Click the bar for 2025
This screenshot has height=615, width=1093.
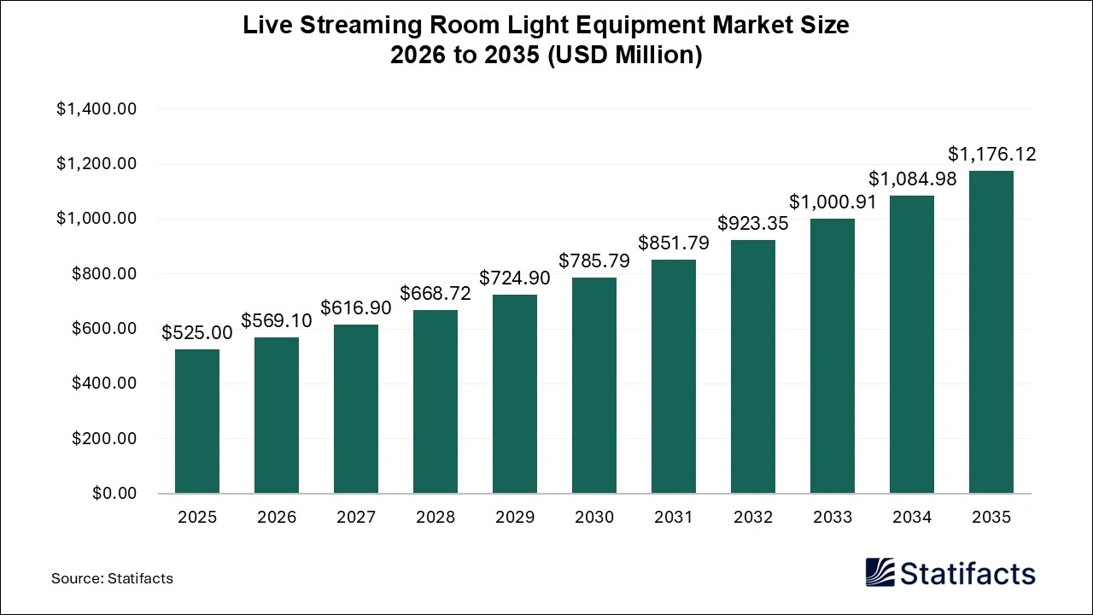click(x=197, y=421)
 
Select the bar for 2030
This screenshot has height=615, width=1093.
click(x=594, y=385)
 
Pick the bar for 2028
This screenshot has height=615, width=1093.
click(x=435, y=401)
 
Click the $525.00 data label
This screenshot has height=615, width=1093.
click(x=197, y=332)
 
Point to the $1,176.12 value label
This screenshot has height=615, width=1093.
click(x=991, y=154)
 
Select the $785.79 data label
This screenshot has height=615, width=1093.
click(x=594, y=261)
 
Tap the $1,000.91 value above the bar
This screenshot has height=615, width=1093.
click(x=833, y=202)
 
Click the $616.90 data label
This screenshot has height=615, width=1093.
click(x=356, y=307)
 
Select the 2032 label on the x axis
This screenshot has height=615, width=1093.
click(x=753, y=518)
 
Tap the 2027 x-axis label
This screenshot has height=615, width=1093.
click(x=356, y=518)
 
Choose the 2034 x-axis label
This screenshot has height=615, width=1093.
click(x=912, y=518)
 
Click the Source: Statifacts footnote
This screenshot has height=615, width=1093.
click(x=112, y=578)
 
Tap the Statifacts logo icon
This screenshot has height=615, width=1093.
click(x=880, y=572)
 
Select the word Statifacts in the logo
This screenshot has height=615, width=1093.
click(x=967, y=572)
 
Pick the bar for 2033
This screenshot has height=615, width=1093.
click(x=833, y=356)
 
